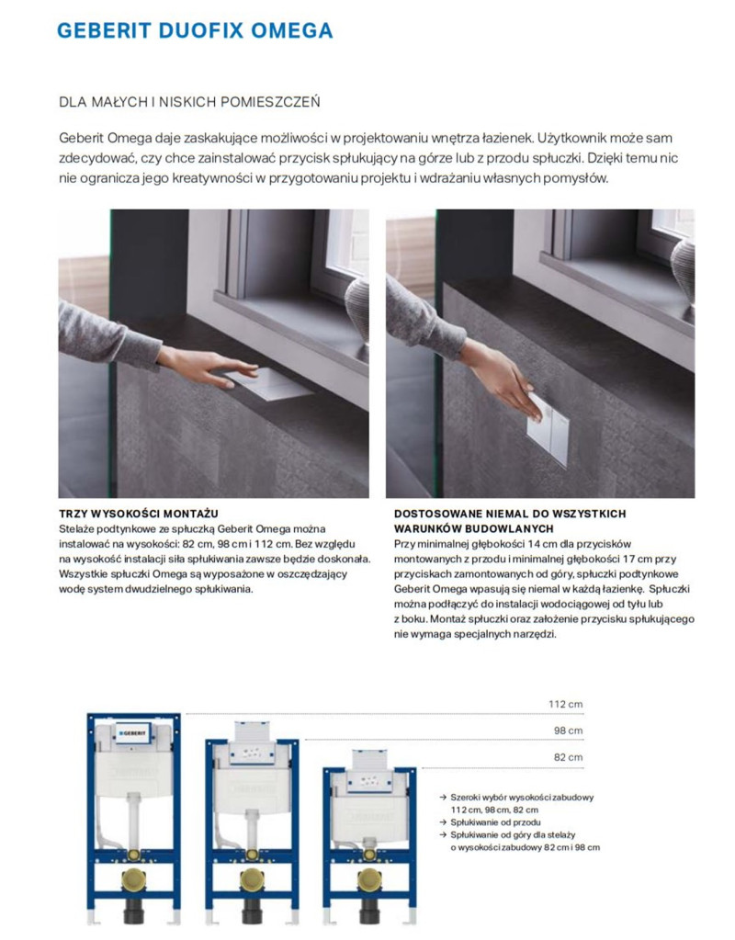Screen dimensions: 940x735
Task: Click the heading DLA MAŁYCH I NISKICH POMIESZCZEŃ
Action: (x=188, y=101)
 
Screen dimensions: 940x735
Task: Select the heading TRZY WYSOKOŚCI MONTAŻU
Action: (x=138, y=513)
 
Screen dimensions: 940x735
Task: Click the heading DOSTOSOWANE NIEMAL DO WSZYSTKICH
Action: (x=510, y=513)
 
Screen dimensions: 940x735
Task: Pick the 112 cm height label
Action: (x=565, y=705)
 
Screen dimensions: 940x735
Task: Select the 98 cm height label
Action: (x=568, y=731)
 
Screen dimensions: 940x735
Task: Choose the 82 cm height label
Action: (x=568, y=758)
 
